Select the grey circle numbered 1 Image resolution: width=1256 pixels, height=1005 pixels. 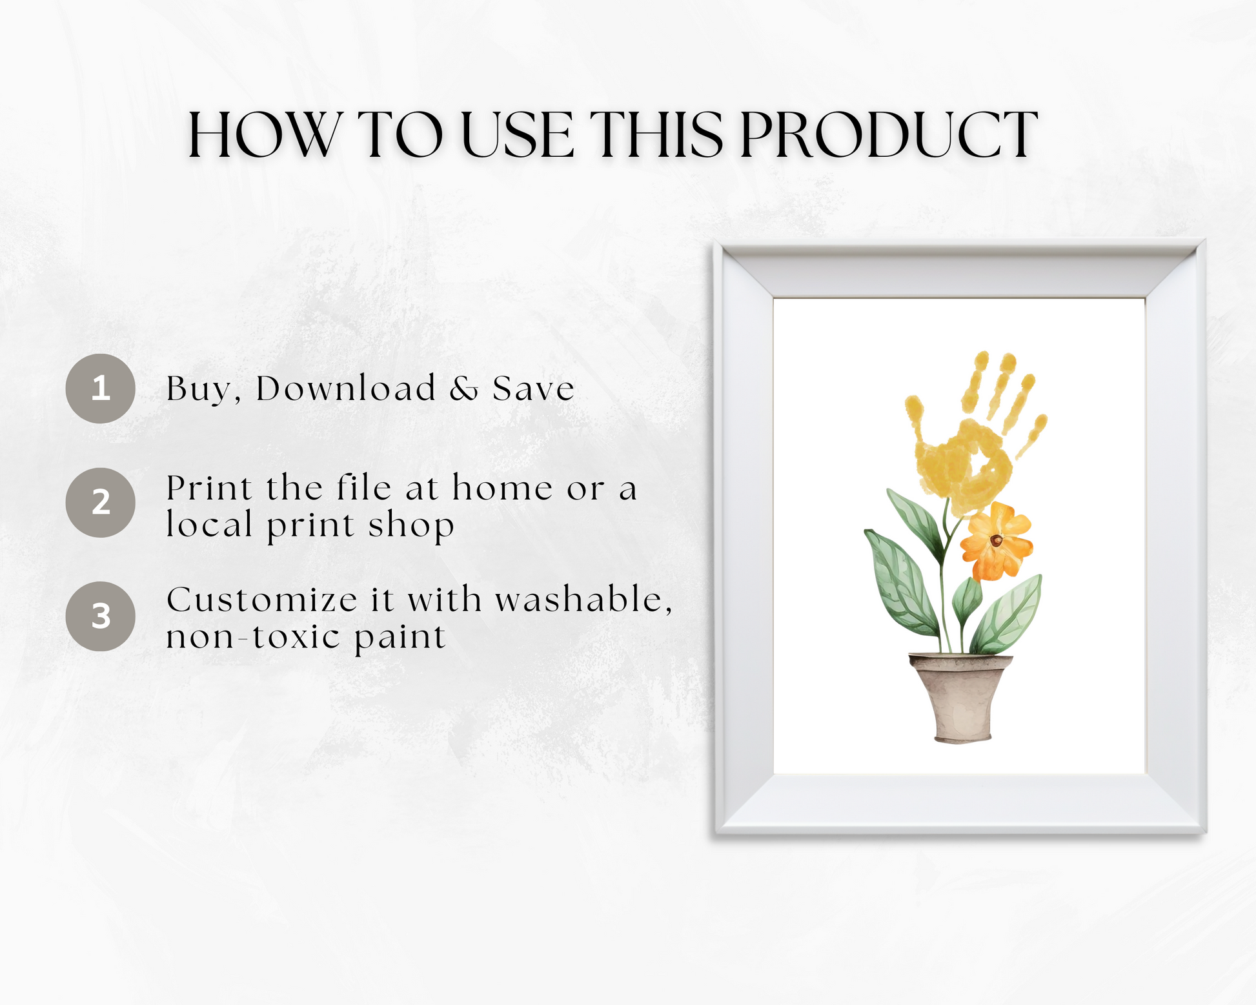(100, 389)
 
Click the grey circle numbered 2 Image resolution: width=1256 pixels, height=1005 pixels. (100, 502)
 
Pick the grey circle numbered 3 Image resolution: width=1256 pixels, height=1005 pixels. (100, 616)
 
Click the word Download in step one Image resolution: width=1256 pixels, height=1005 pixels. (346, 388)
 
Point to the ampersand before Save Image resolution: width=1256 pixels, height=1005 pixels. (464, 389)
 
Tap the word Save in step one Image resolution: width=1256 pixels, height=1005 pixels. (533, 389)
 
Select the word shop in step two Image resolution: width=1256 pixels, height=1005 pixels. (411, 525)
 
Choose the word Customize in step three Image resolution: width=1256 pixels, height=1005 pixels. (261, 600)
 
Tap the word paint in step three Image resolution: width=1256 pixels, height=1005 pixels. (400, 638)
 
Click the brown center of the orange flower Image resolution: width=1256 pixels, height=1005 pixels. (996, 541)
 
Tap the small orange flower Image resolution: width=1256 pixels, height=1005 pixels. (996, 541)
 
